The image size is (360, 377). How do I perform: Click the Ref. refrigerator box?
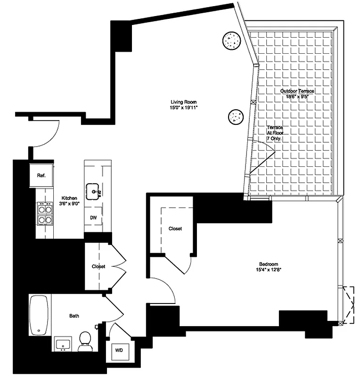[41, 175]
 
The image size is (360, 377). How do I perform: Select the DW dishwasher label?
[93, 218]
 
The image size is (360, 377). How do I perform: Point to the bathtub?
[39, 315]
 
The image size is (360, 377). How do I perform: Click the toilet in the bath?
[85, 340]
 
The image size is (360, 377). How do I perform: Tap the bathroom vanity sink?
[62, 344]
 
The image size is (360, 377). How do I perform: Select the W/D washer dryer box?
[116, 351]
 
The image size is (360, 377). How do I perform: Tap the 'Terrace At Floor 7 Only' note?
[275, 133]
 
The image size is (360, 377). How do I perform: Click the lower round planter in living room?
[235, 116]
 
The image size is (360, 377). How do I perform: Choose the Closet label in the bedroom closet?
[175, 229]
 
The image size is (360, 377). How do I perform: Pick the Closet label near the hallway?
[98, 266]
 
